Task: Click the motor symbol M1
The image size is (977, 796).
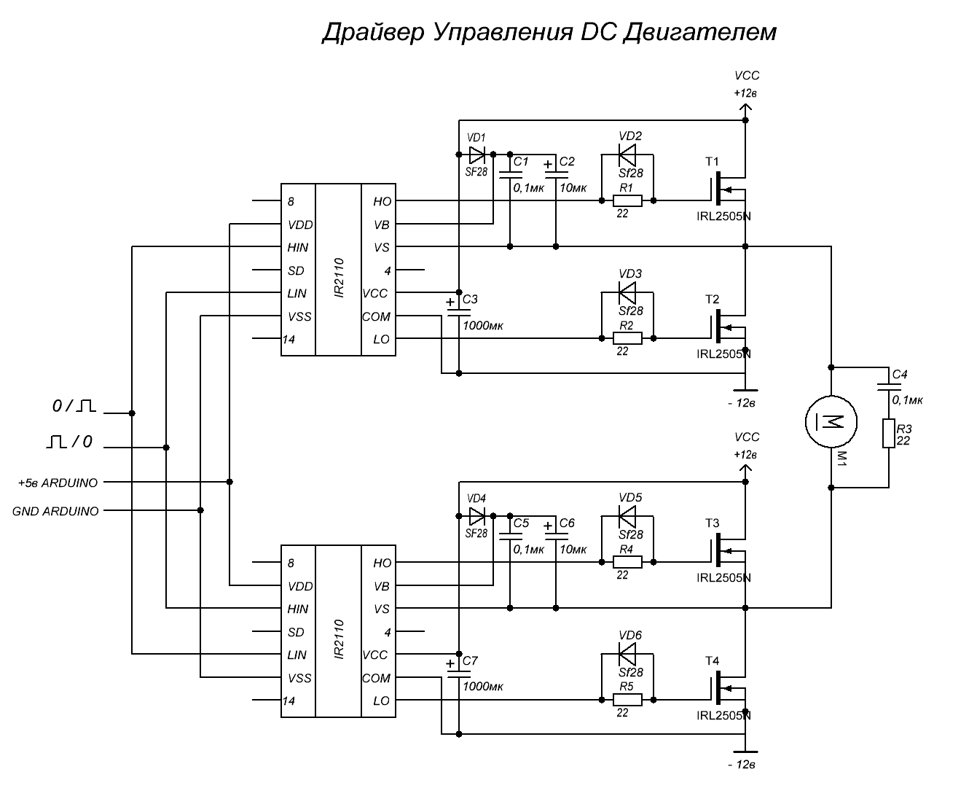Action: [831, 421]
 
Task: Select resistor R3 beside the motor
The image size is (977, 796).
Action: [888, 433]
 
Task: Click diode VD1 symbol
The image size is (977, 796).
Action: [476, 155]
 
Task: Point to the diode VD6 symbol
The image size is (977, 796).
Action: [627, 649]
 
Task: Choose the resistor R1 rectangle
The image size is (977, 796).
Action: [627, 200]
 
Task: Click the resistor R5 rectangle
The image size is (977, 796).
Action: [627, 700]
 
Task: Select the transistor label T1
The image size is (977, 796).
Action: [712, 161]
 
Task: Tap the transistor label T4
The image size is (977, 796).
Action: [712, 661]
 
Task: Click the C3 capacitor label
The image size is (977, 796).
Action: [470, 299]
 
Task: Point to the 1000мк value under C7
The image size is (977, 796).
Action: [483, 687]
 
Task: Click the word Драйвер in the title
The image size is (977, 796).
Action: [372, 33]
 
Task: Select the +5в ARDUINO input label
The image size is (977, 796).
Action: [58, 483]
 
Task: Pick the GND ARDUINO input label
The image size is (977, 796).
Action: [55, 512]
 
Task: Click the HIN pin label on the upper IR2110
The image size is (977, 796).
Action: [298, 248]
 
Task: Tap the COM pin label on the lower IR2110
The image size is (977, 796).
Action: [376, 678]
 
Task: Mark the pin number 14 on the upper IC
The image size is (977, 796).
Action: [289, 340]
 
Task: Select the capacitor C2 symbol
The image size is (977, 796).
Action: [556, 171]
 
